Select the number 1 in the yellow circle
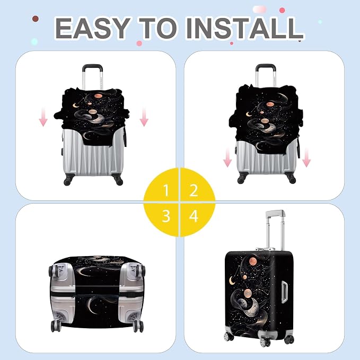click(x=166, y=190)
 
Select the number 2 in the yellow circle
click(x=194, y=190)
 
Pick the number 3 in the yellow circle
click(x=166, y=216)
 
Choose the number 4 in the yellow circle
click(x=194, y=216)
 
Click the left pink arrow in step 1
click(x=43, y=117)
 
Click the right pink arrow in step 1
click(x=144, y=117)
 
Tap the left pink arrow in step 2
click(x=227, y=157)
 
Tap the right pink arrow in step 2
click(x=306, y=157)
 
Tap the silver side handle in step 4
click(x=284, y=292)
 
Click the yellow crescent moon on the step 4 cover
click(x=232, y=280)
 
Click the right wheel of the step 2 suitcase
click(x=292, y=180)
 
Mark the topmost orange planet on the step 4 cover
click(x=253, y=261)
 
